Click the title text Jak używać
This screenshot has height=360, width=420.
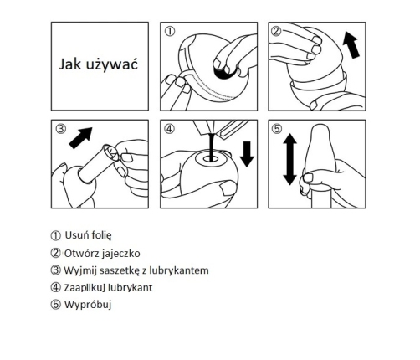pos(99,64)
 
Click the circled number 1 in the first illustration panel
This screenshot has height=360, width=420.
pos(170,31)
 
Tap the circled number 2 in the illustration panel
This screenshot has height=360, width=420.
pos(276,31)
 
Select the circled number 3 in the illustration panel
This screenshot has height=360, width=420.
pos(61,129)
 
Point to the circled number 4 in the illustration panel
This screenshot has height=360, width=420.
pos(170,129)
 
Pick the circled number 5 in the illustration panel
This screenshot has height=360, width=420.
pos(276,129)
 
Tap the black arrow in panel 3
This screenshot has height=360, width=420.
pos(80,138)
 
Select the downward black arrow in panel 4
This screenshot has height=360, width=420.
pos(247,154)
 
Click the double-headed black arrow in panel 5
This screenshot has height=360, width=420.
pos(289,159)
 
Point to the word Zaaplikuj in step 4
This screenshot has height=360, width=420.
pos(85,288)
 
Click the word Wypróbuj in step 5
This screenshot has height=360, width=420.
pos(88,305)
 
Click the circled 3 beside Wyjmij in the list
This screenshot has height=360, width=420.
pos(55,270)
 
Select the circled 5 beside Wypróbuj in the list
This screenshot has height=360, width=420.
pos(55,305)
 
